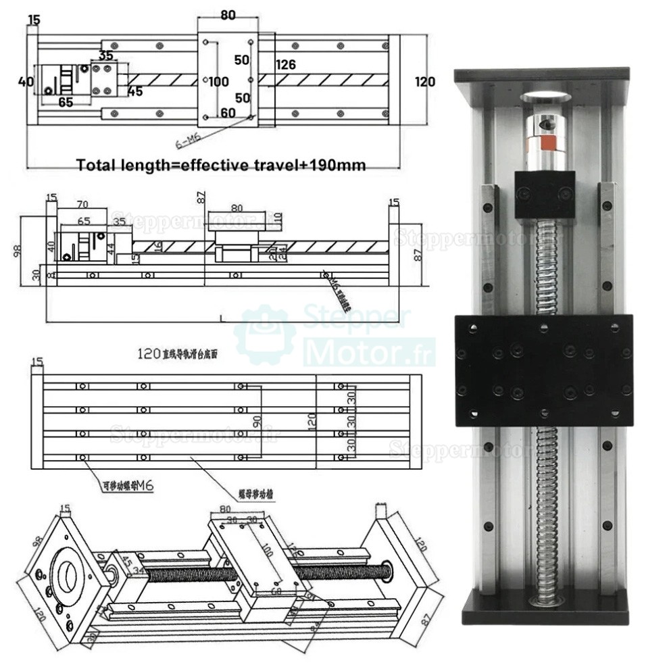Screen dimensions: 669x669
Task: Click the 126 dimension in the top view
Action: pos(286,65)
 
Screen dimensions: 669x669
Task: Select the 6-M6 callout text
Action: pos(188,141)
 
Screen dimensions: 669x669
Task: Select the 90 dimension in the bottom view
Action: pos(257,421)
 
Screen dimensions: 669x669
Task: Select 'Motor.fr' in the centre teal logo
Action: pos(368,352)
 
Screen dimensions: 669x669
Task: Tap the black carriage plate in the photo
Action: pos(543,370)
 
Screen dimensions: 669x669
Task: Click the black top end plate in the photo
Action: pos(541,74)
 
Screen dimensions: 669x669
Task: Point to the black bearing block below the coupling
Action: pos(545,195)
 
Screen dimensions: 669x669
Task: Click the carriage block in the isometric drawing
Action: pos(253,568)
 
